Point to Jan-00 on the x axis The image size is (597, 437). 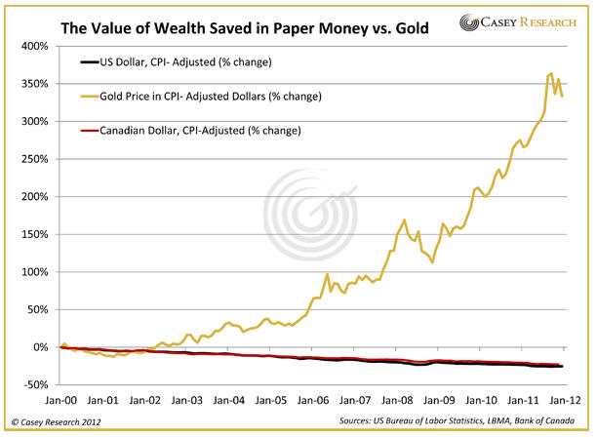[60, 399]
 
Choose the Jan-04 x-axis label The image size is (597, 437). [228, 399]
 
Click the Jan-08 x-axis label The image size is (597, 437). [395, 399]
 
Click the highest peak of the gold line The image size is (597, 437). [551, 73]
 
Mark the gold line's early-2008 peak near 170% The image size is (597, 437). [404, 220]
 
